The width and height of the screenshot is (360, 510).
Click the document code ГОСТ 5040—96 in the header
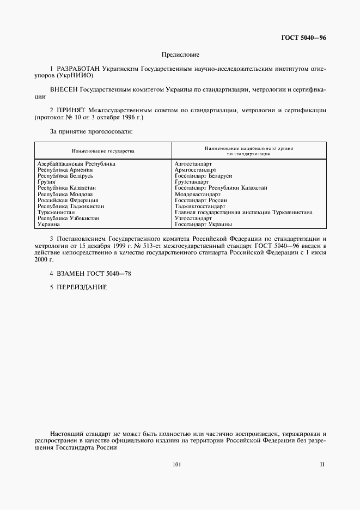pos(303,38)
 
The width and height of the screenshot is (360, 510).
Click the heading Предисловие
pos(180,54)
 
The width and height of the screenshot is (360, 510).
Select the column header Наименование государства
pos(103,150)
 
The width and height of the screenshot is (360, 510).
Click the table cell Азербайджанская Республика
pos(76,163)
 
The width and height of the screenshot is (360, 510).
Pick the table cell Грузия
pos(47,181)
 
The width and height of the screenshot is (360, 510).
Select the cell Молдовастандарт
pos(198,194)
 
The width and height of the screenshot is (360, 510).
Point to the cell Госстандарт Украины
pos(204,224)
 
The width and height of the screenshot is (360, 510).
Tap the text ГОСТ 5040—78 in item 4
pos(113,273)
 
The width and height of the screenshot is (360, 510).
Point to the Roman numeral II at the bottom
pos(322,465)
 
